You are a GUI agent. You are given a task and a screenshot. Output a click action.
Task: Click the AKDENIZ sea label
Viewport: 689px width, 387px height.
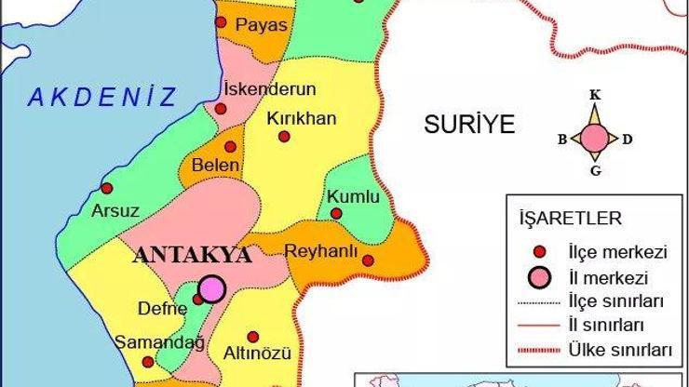click(101, 96)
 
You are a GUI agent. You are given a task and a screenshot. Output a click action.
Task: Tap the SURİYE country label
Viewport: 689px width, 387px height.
click(468, 125)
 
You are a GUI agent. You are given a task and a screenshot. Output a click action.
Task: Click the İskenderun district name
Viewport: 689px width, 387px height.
click(271, 89)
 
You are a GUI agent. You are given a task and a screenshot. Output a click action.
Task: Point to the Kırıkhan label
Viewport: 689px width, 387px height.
click(301, 118)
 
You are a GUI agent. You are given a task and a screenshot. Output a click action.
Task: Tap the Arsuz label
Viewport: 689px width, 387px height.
click(115, 210)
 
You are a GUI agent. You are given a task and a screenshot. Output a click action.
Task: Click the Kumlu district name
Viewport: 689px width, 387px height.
click(353, 196)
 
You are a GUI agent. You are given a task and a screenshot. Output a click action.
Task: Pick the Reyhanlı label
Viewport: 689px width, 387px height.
click(321, 250)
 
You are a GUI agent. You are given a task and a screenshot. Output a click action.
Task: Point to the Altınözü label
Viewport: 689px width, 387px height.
click(258, 354)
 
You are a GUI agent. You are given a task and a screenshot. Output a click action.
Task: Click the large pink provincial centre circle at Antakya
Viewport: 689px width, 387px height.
click(213, 288)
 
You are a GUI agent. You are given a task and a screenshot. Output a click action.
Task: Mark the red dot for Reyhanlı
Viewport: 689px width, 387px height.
click(368, 260)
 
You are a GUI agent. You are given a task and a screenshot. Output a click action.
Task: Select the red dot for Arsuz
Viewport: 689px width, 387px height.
click(106, 187)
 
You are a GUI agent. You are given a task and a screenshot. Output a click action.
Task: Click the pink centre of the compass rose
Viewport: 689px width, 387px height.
click(595, 140)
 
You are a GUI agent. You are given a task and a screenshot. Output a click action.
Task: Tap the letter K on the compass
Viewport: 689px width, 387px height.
click(595, 95)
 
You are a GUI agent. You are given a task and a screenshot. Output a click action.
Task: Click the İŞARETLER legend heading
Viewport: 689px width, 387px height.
click(570, 219)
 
